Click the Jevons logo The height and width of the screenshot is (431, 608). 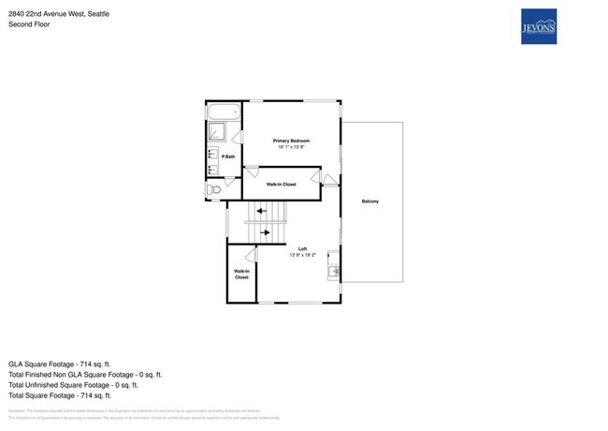tap(540, 25)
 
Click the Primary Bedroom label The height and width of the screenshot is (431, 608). tap(291, 141)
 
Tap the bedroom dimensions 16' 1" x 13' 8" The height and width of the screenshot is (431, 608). tap(291, 147)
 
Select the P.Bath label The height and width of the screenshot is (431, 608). tap(228, 156)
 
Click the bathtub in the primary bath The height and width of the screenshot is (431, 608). tap(224, 112)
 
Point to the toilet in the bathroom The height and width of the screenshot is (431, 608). tap(214, 189)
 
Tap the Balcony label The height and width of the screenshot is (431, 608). tap(371, 201)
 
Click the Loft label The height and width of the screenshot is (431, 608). tap(303, 248)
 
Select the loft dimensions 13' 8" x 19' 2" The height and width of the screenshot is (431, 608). tap(303, 255)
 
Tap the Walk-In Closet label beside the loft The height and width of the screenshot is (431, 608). tap(241, 274)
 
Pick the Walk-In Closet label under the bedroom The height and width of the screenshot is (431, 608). tap(282, 185)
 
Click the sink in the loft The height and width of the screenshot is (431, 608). tap(334, 273)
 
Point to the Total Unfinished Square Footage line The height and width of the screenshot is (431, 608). tap(73, 384)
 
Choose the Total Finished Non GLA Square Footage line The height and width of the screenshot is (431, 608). tap(84, 374)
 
